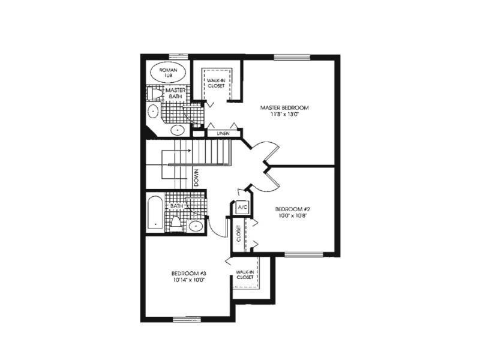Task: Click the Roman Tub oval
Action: tap(168, 73)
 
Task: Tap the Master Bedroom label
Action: tap(284, 108)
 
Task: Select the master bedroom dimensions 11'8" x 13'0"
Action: tap(284, 115)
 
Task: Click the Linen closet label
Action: tap(223, 133)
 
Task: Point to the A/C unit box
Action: tap(242, 208)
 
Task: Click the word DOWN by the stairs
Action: tap(196, 178)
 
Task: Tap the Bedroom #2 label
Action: tap(293, 209)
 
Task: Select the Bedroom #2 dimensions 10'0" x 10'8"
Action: tap(293, 215)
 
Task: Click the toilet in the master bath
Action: tap(155, 93)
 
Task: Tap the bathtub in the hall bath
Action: tap(155, 212)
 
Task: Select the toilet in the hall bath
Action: tap(176, 224)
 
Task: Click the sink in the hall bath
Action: tap(196, 226)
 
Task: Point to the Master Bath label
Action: tap(175, 94)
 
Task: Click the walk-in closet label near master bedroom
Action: tap(216, 83)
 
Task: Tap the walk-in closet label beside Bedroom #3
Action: tap(245, 275)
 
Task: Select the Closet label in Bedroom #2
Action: tap(239, 233)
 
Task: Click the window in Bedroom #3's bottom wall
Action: tap(187, 319)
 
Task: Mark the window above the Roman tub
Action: tap(178, 56)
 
